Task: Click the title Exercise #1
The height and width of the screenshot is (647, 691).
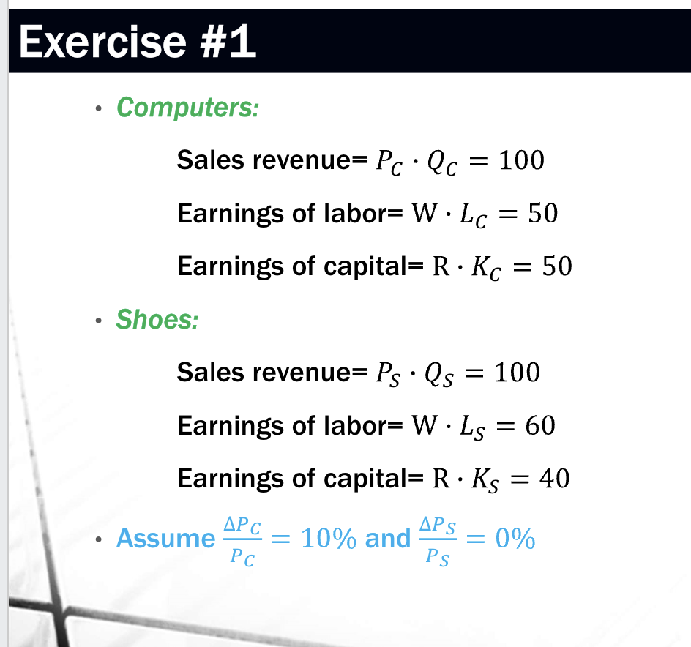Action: [138, 42]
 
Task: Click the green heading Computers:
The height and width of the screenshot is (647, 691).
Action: [187, 108]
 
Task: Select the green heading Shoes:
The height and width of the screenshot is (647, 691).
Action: [157, 320]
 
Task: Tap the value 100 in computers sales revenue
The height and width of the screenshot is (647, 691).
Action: [520, 160]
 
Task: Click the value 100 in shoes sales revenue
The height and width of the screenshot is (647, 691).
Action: [517, 372]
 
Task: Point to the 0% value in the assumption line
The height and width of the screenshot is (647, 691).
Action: [515, 539]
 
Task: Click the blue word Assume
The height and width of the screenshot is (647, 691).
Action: [165, 539]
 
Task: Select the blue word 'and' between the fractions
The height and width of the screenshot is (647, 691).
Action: [387, 539]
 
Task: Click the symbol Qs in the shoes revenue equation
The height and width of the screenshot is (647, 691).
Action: [441, 374]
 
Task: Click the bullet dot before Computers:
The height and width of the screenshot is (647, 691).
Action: [97, 109]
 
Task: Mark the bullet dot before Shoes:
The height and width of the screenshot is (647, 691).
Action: [97, 321]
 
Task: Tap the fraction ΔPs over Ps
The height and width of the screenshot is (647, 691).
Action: [439, 539]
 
